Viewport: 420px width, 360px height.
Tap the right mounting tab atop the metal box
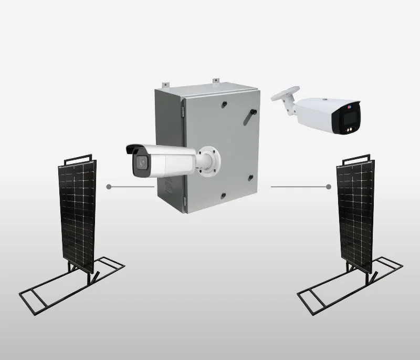215,80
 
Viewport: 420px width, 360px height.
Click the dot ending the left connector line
108,187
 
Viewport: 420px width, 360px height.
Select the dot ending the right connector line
328,187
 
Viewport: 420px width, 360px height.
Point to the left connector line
131,187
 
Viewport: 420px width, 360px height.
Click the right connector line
299,187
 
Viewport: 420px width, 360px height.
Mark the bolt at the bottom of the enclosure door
222,196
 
